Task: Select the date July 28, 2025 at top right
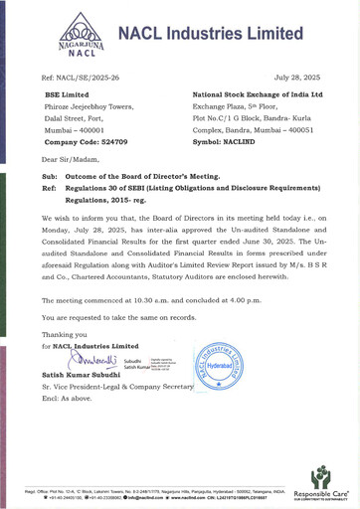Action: [298, 76]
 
